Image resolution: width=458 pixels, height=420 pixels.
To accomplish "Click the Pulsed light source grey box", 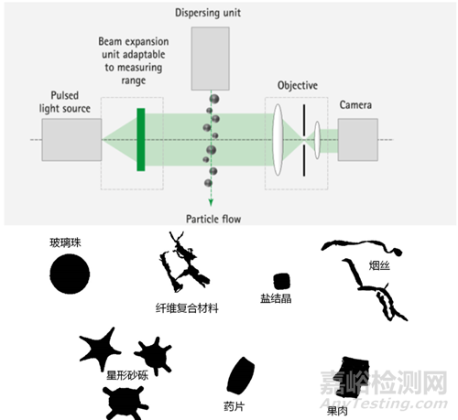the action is tap(71, 140).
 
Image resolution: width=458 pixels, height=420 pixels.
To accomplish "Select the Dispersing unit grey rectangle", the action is tap(211, 59).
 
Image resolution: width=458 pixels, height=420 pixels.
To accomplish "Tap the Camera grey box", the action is tap(358, 140).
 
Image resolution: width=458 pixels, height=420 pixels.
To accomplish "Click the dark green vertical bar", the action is tap(141, 139).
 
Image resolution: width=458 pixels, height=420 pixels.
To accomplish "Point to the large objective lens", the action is tap(278, 140).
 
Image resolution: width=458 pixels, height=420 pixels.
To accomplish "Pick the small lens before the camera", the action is tap(318, 140).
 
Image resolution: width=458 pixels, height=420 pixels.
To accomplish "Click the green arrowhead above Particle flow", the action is tap(211, 202).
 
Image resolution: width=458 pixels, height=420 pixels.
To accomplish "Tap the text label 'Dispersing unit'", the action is tap(208, 13).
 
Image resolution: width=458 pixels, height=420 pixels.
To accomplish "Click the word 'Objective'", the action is tap(298, 85).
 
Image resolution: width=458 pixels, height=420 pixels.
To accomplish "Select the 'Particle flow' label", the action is tap(213, 219).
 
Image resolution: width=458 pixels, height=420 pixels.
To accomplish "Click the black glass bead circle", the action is tap(70, 274).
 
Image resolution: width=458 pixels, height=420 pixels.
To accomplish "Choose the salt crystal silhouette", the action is tap(281, 281).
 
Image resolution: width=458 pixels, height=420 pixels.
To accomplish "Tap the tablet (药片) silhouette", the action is tap(241, 375).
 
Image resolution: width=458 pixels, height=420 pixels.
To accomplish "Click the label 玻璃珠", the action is tap(65, 242).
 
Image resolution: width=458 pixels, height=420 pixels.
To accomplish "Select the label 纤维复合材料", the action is tap(187, 308).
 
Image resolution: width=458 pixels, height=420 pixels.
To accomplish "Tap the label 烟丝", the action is tap(379, 265).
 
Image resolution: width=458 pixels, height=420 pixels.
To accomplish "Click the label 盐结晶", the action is tap(276, 298).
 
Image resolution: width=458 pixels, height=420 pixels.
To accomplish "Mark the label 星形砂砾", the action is tap(127, 375).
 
